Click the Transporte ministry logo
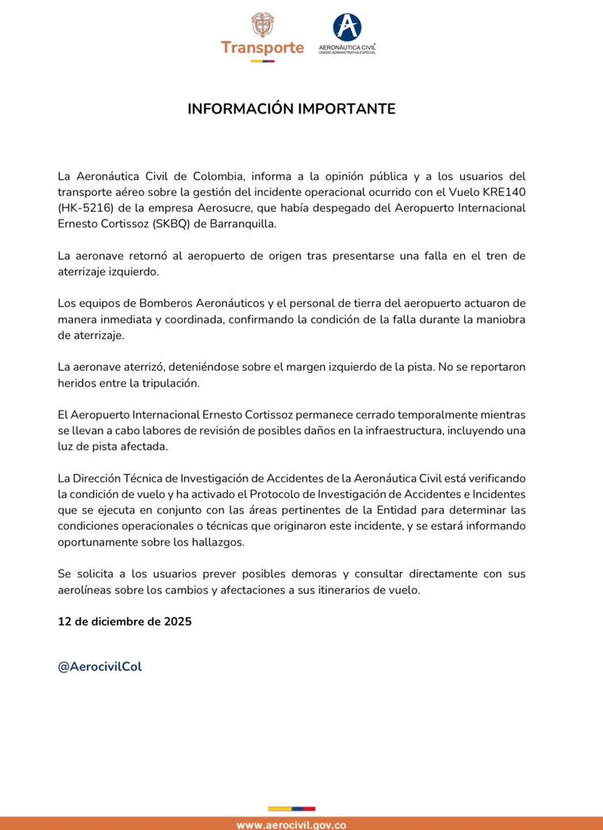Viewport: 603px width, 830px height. pyautogui.click(x=262, y=37)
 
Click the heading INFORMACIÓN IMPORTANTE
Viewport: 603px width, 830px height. pyautogui.click(x=291, y=109)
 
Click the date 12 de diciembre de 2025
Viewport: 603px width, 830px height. pyautogui.click(x=125, y=621)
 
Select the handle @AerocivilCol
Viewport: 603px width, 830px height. pyautogui.click(x=100, y=666)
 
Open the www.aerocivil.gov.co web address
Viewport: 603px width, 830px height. pyautogui.click(x=291, y=824)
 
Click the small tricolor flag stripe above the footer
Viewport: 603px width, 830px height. pyautogui.click(x=291, y=809)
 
